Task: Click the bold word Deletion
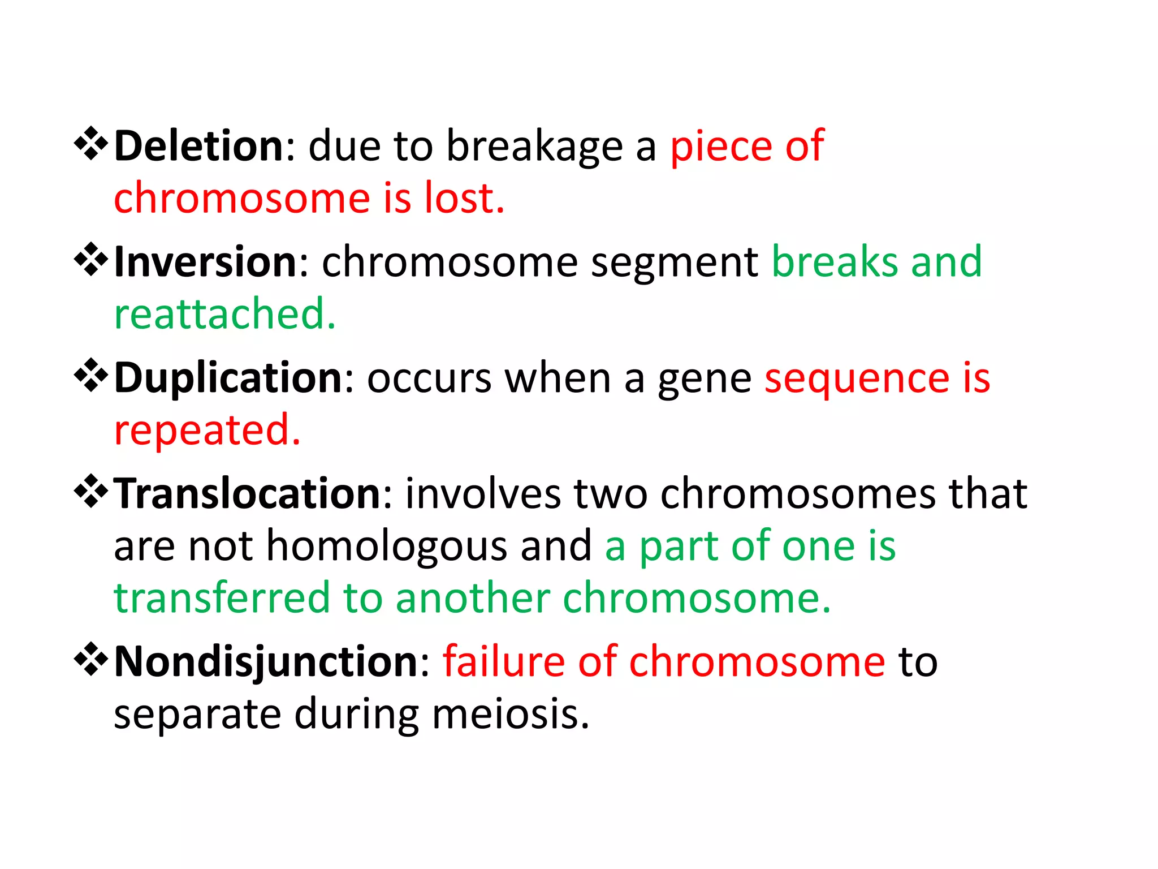tap(198, 146)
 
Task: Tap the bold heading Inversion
tap(205, 262)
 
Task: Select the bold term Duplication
tap(228, 378)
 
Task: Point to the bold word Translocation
tap(248, 493)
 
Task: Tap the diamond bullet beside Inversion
tap(90, 260)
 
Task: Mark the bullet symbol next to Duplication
tap(90, 376)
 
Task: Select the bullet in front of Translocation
tap(90, 492)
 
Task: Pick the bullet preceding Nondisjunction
tap(90, 660)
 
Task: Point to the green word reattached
tap(224, 315)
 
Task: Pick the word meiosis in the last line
tap(511, 714)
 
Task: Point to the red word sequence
tap(857, 378)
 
